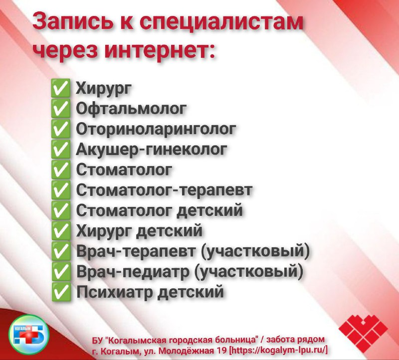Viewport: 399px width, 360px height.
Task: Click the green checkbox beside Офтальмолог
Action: coord(60,108)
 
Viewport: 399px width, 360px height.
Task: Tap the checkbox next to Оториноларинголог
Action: coord(60,129)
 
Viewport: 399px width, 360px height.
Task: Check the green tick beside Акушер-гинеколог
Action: coord(60,149)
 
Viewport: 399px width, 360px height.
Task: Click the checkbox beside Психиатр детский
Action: coord(60,292)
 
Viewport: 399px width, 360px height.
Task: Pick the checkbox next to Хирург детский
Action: coord(60,230)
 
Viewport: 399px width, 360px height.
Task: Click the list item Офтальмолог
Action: coord(131,109)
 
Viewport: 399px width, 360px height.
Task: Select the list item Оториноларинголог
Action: coord(156,129)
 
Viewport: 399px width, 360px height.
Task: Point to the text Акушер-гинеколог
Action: coord(152,150)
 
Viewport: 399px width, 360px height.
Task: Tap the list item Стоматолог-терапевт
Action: coord(165,190)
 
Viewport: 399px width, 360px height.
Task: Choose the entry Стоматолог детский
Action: coord(160,210)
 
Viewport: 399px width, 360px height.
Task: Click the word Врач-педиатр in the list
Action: coord(133,272)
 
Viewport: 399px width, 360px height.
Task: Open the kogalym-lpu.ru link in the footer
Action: coord(279,350)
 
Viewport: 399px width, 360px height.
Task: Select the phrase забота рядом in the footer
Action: coord(296,340)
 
